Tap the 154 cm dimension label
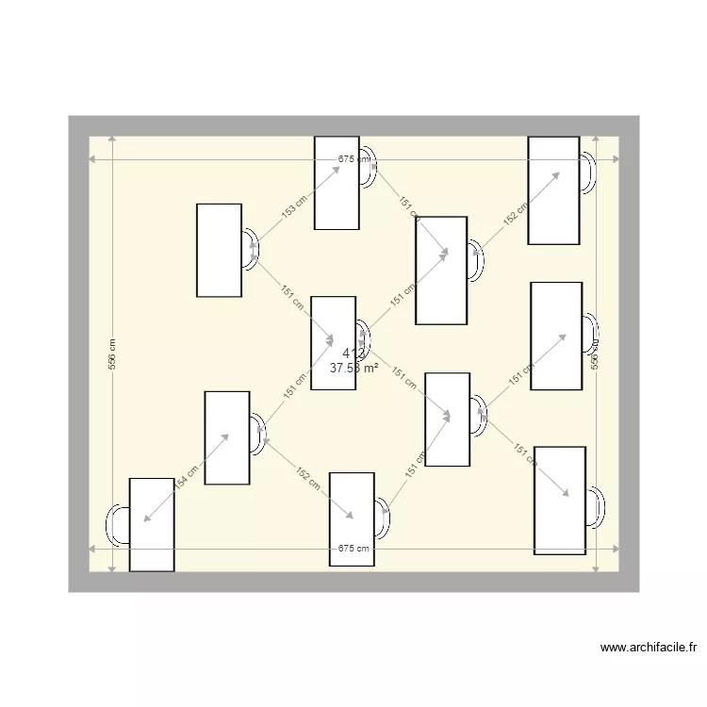187,479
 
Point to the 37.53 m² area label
354,369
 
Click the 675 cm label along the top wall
353,160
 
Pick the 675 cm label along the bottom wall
353,549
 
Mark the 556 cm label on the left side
111,354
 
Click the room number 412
353,353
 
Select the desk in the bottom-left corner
152,524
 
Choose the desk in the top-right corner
553,190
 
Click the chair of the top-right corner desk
588,173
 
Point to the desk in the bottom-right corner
560,500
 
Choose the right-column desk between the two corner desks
556,336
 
